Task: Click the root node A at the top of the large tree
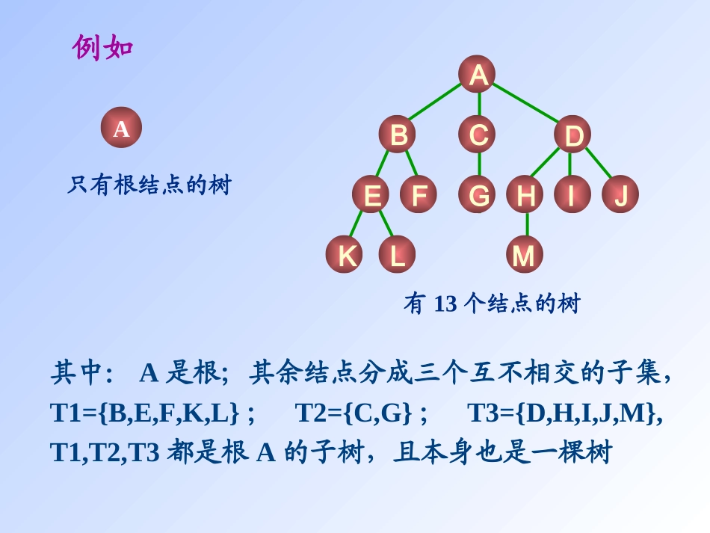pos(478,75)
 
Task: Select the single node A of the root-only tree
pos(121,129)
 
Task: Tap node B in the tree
pos(398,135)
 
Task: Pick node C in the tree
pos(478,135)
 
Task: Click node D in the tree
pos(572,135)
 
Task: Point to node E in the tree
pos(372,195)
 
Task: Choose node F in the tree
pos(419,195)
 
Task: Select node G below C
pos(478,195)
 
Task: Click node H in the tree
pos(525,195)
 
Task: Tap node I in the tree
pos(572,195)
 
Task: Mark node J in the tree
pos(620,195)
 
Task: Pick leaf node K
pos(345,256)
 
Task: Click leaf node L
pos(397,256)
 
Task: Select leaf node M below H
pos(524,256)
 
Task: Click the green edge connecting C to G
pos(479,165)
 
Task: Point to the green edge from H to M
pos(526,225)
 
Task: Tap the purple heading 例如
pos(102,48)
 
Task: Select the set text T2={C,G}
pos(354,412)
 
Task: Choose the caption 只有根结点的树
pos(149,185)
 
